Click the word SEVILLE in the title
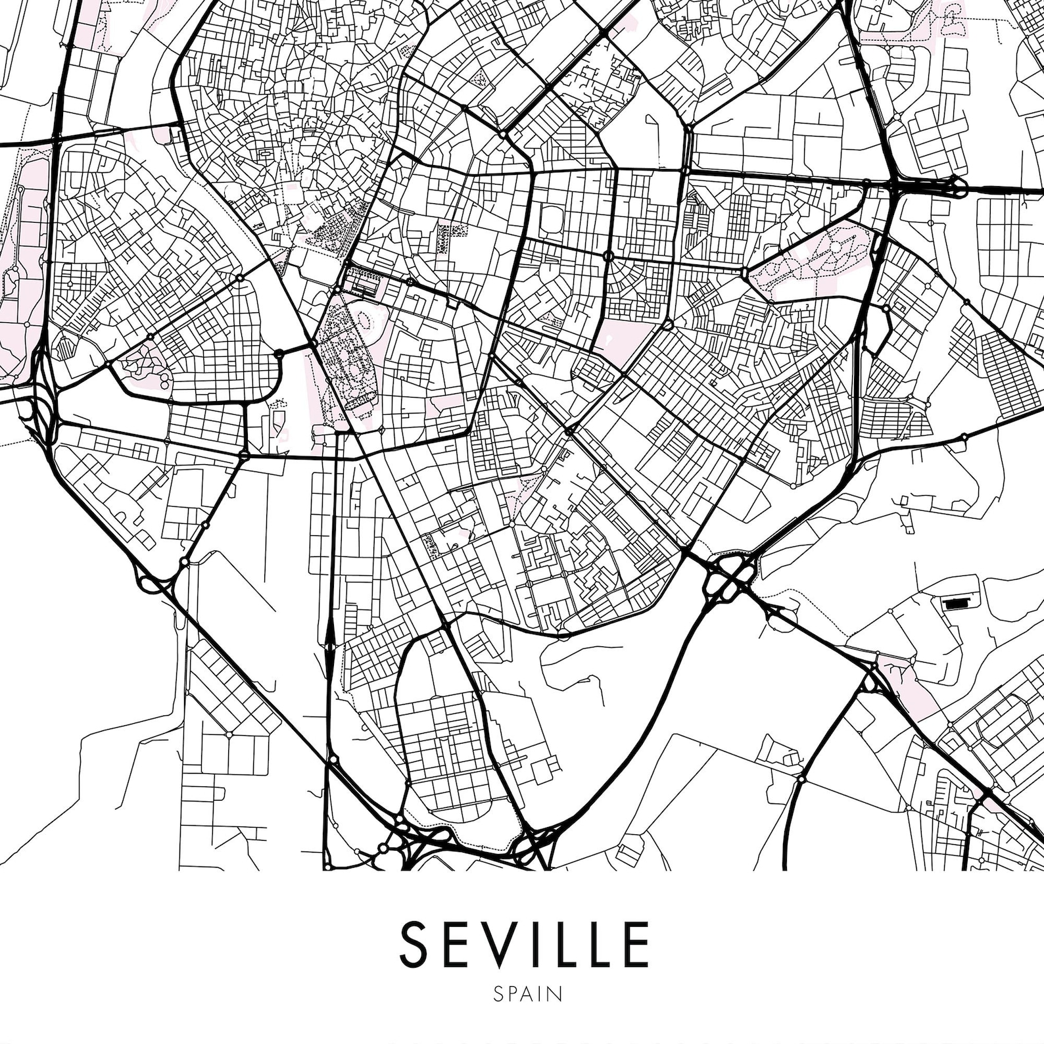(x=524, y=945)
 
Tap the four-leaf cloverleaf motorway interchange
(x=730, y=577)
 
